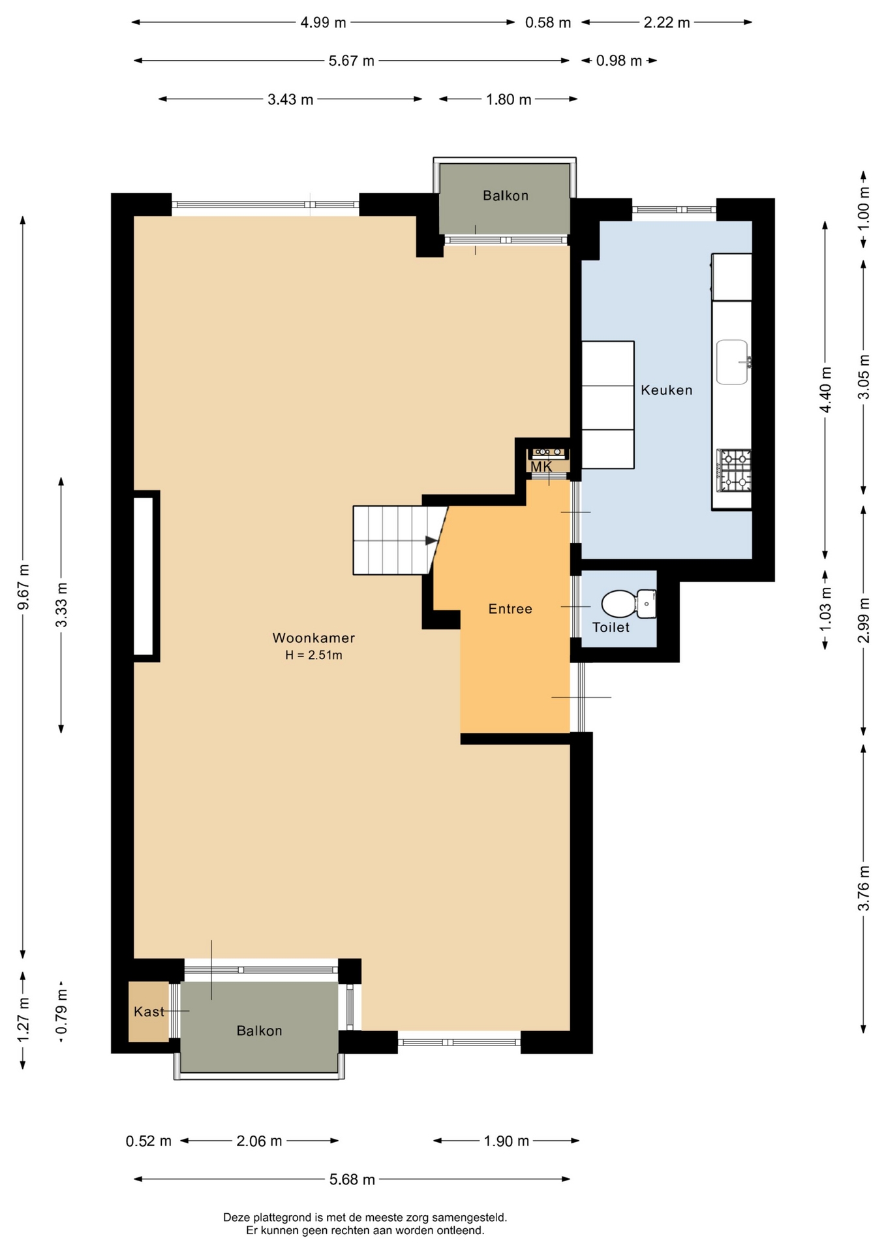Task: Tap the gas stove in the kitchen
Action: coord(734,470)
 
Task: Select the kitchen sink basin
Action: coord(732,362)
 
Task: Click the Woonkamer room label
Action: coord(313,638)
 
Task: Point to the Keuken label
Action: coord(666,390)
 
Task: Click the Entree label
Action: coord(510,609)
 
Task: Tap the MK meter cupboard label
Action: coord(541,467)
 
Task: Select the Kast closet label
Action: coord(149,1012)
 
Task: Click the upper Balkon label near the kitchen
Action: coord(505,195)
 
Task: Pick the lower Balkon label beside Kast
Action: coord(259,1030)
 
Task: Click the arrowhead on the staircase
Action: coord(431,540)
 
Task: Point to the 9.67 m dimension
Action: coord(23,587)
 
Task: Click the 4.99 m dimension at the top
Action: coord(323,23)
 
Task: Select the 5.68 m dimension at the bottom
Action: coord(352,1179)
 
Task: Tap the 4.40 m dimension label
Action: coord(825,390)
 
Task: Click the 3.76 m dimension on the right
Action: coord(864,888)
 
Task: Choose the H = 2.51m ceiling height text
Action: coord(313,655)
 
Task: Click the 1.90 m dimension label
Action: coord(506,1141)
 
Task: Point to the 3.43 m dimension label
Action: coord(290,99)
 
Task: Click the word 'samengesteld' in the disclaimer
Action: coord(474,1217)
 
